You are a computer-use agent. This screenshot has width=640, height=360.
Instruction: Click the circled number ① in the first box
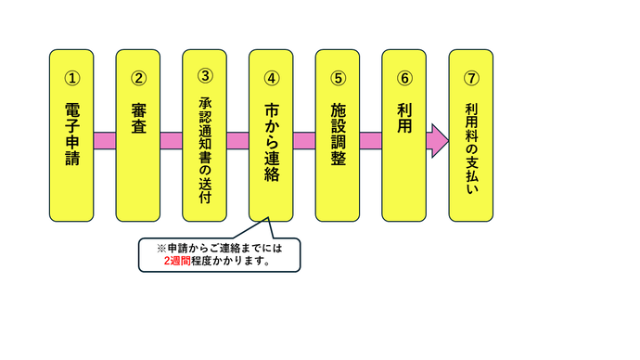[x=71, y=80]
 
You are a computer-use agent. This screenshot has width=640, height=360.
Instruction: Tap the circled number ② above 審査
[x=138, y=80]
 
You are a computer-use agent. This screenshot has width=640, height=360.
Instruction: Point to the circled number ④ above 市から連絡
[x=272, y=80]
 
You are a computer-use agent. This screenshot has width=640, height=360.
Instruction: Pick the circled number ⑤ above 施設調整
[x=338, y=80]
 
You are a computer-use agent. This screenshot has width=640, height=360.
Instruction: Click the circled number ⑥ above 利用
[x=404, y=80]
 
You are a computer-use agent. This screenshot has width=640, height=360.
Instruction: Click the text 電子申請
[x=71, y=135]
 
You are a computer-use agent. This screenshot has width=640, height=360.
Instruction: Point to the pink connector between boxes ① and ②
[x=105, y=140]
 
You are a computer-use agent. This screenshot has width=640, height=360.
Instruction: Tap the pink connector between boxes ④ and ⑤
[x=304, y=140]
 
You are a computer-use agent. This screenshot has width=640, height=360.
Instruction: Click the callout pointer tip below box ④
[x=269, y=220]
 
